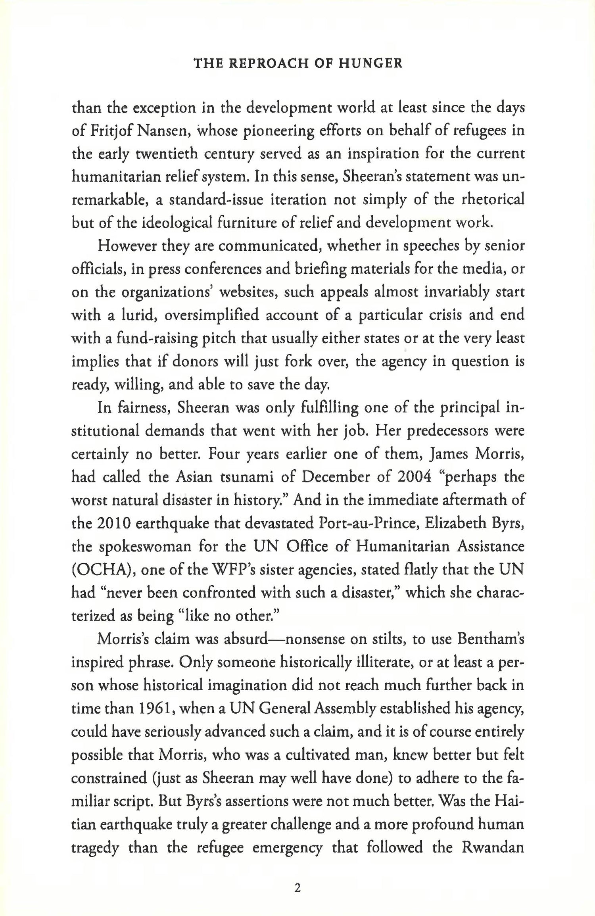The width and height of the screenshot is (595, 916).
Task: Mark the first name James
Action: pyautogui.click(x=447, y=454)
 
